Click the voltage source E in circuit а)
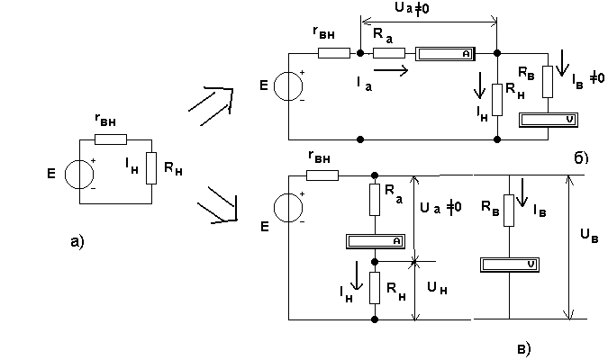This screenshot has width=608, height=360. [x=79, y=175]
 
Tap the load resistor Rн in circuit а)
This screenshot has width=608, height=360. [x=151, y=168]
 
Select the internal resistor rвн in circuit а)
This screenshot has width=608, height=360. [x=111, y=139]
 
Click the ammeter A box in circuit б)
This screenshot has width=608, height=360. [x=445, y=54]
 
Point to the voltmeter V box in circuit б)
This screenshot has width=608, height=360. [x=549, y=120]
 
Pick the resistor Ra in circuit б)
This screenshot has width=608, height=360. [x=389, y=53]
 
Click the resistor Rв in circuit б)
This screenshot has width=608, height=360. [x=548, y=81]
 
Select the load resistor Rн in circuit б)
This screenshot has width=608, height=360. [x=497, y=100]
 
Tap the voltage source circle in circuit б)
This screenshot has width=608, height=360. [x=288, y=86]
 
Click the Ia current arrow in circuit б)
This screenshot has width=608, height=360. [x=391, y=70]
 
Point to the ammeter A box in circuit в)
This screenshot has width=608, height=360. [x=376, y=241]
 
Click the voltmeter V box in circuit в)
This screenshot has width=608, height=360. [x=510, y=265]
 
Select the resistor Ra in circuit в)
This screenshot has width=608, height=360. [x=375, y=200]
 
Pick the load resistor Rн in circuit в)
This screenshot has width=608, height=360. [x=375, y=288]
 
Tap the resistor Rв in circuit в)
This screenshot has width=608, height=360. [x=509, y=211]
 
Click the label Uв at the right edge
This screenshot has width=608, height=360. [x=589, y=235]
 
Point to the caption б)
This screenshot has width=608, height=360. [x=581, y=157]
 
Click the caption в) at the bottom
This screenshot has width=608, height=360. [x=523, y=349]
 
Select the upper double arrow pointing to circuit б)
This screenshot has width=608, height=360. [x=212, y=104]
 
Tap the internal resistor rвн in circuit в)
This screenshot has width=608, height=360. [x=322, y=175]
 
